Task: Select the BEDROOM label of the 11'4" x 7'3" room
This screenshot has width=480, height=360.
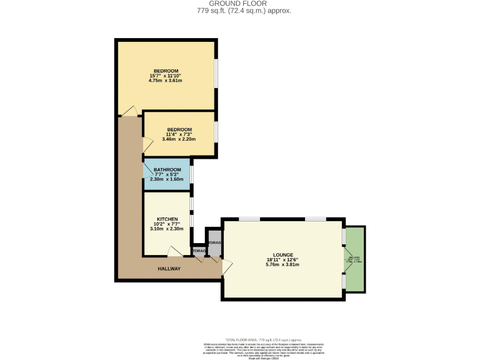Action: (179, 129)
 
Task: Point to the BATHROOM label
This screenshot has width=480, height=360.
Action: (167, 169)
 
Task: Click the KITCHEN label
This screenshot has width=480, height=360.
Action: (167, 219)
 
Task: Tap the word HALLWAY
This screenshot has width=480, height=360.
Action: (168, 269)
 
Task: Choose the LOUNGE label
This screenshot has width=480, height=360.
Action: (282, 254)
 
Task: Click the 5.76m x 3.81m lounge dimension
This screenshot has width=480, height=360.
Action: (282, 264)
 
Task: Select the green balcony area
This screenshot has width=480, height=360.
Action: (356, 258)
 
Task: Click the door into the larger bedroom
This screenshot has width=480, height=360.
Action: (130, 111)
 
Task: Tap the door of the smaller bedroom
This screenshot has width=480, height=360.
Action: (147, 146)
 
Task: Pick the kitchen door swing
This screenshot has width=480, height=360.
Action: (174, 252)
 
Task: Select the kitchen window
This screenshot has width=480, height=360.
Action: (192, 212)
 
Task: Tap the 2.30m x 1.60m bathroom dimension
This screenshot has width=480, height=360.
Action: (167, 179)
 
